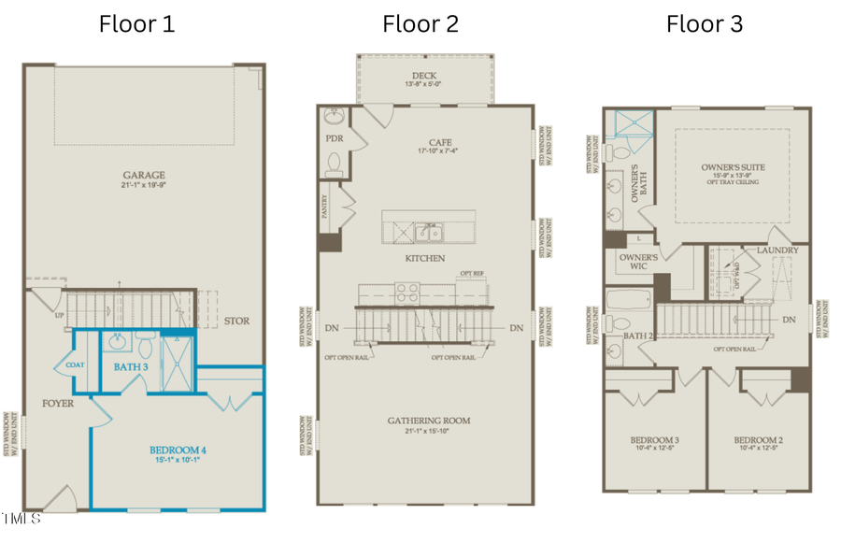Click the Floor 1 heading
click(136, 23)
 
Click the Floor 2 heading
click(420, 23)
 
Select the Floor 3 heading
click(704, 23)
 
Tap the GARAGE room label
click(143, 175)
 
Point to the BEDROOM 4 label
click(178, 450)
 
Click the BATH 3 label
click(132, 366)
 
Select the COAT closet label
click(76, 365)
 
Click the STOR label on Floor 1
click(236, 322)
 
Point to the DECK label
click(425, 76)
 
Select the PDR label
click(335, 138)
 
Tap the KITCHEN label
click(424, 258)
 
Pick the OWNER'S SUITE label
click(733, 167)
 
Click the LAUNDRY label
click(777, 250)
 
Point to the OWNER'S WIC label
click(639, 261)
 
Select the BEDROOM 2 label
click(757, 440)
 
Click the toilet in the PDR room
click(335, 164)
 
